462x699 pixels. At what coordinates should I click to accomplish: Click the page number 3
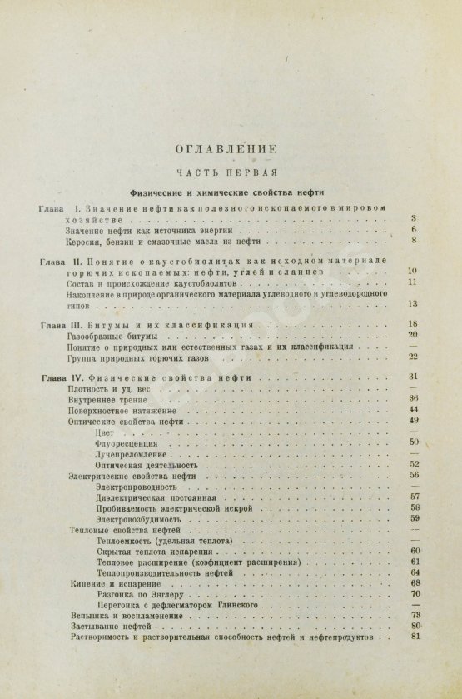coord(413,217)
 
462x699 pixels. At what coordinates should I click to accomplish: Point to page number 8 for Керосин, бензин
coord(413,242)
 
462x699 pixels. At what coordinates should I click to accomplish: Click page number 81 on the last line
coord(413,637)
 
